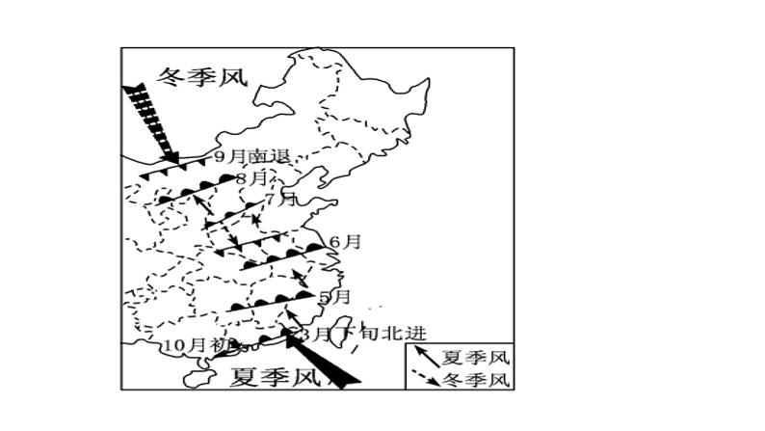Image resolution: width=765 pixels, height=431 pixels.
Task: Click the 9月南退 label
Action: (x=251, y=156)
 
